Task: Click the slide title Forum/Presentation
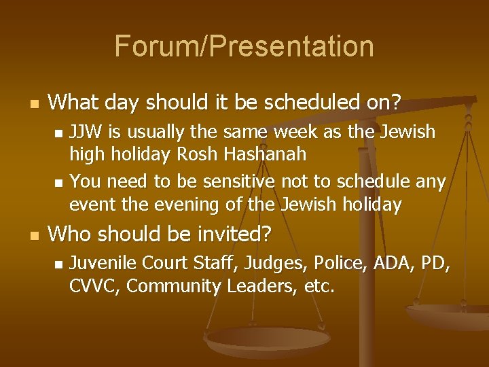point(244,46)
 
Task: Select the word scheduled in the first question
point(300,103)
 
